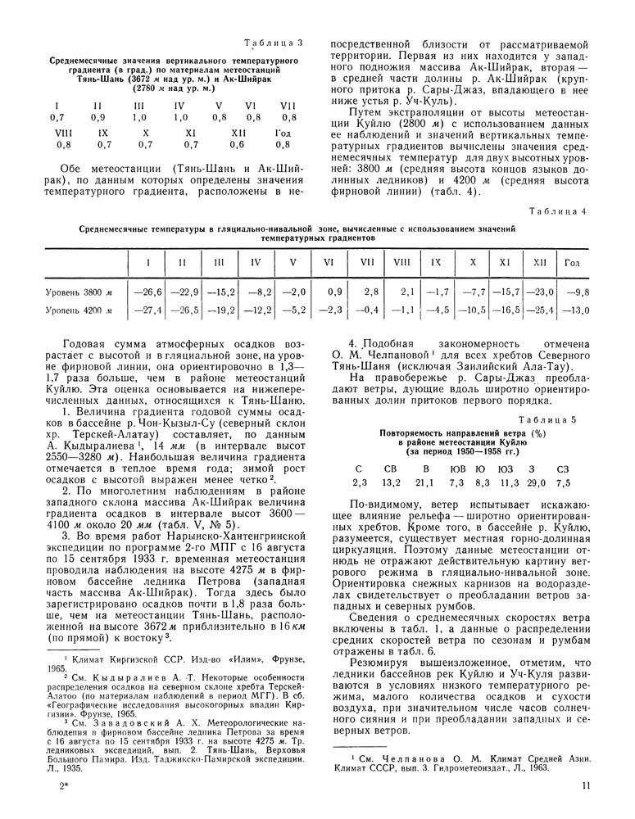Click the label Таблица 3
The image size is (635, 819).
pos(274,42)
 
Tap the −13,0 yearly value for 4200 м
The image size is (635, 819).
pos(575,310)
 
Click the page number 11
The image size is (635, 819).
pos(585,785)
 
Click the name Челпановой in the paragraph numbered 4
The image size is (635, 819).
pos(388,355)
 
